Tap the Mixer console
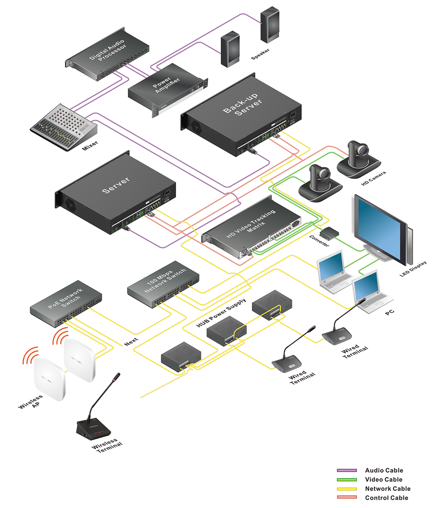tap(64, 125)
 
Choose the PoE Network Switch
tap(66, 302)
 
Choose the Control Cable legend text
tap(386, 498)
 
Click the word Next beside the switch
tap(131, 341)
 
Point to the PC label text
tap(389, 313)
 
